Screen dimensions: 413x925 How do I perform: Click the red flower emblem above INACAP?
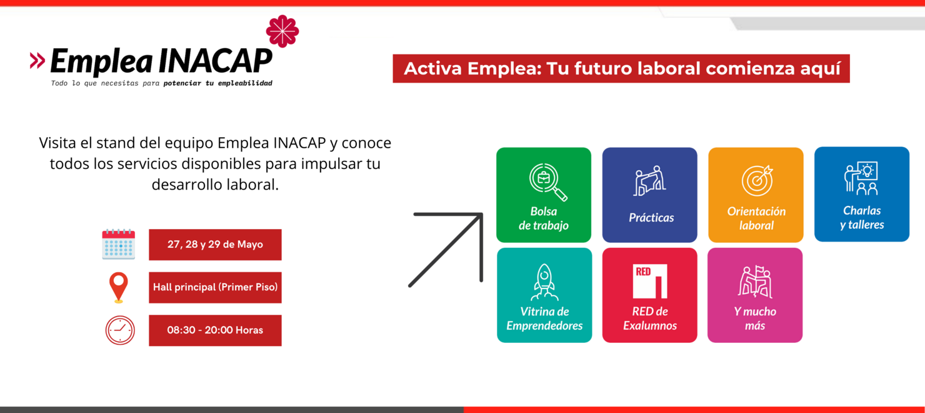(282, 31)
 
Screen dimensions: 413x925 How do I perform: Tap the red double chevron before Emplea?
(37, 61)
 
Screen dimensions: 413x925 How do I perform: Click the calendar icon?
(118, 244)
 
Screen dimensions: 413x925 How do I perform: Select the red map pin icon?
(118, 287)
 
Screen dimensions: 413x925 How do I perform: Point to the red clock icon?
(120, 330)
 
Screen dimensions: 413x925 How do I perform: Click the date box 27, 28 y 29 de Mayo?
(215, 245)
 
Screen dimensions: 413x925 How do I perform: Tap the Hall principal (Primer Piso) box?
(215, 287)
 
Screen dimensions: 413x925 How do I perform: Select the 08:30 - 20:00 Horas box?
(215, 330)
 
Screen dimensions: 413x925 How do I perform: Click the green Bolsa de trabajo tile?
(544, 195)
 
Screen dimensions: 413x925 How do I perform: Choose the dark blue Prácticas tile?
(649, 195)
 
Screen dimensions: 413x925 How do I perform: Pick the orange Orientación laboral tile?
(756, 195)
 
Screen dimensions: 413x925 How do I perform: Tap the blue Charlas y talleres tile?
(862, 194)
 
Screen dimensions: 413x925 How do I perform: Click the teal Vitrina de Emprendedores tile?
(544, 295)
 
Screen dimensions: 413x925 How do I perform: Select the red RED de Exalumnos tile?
(649, 295)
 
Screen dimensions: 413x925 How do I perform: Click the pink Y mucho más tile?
(755, 295)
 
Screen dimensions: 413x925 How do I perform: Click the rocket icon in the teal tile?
(544, 282)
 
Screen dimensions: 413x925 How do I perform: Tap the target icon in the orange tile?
(757, 181)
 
